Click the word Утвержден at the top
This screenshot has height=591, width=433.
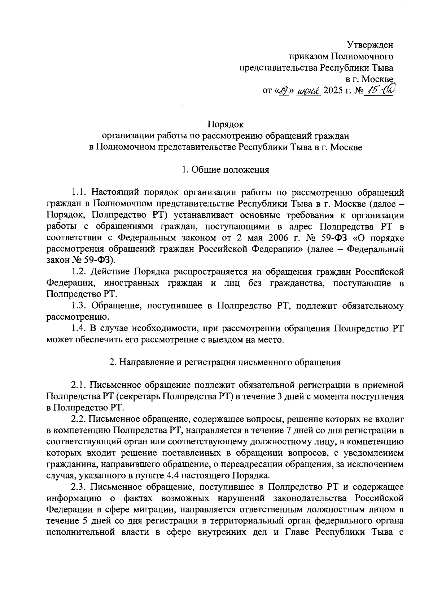click(370, 45)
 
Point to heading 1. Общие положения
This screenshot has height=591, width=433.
click(226, 169)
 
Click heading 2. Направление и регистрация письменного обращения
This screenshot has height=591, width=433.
click(226, 363)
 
